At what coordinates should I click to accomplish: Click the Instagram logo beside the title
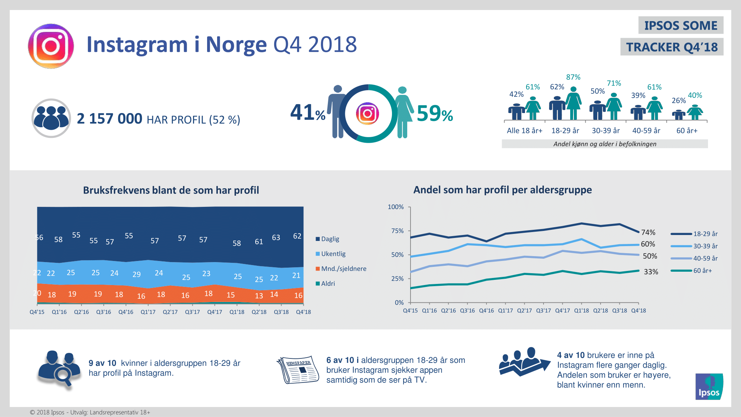tap(51, 46)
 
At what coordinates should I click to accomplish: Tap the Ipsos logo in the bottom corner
tap(709, 387)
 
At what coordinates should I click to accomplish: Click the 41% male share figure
tap(308, 113)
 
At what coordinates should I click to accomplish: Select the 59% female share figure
tap(435, 113)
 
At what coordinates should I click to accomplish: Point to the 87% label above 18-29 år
tap(573, 77)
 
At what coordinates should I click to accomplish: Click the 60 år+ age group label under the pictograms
tap(687, 130)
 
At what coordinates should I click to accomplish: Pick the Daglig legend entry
tap(330, 239)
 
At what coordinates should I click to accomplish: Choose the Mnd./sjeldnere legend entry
tap(343, 269)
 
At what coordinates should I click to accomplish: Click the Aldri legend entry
tap(328, 284)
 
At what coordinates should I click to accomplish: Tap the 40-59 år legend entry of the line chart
tap(705, 258)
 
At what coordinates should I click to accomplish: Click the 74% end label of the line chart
tap(648, 232)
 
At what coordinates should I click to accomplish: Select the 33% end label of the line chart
tap(651, 272)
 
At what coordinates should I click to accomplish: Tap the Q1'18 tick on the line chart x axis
tap(581, 311)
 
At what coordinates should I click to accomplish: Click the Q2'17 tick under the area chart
tap(170, 312)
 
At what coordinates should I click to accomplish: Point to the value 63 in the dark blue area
tap(276, 238)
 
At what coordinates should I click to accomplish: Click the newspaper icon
tap(298, 370)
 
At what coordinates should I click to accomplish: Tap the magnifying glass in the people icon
tap(63, 375)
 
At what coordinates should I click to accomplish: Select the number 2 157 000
tap(109, 119)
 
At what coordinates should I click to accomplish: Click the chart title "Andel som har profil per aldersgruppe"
tap(502, 190)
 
